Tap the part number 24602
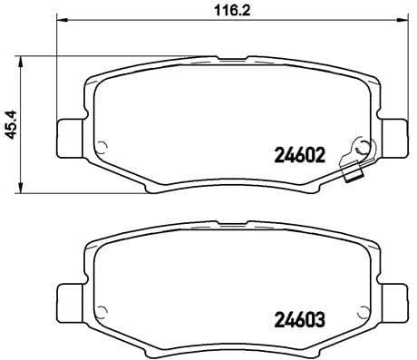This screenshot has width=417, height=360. pyautogui.click(x=298, y=155)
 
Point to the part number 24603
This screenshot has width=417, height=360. pyautogui.click(x=298, y=319)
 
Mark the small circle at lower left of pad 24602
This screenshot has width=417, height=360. pyautogui.click(x=102, y=148)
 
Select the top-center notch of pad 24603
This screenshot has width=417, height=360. pyautogui.click(x=230, y=223)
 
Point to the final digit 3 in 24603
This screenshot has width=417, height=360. pyautogui.click(x=320, y=319)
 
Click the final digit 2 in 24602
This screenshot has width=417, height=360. pyautogui.click(x=320, y=155)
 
